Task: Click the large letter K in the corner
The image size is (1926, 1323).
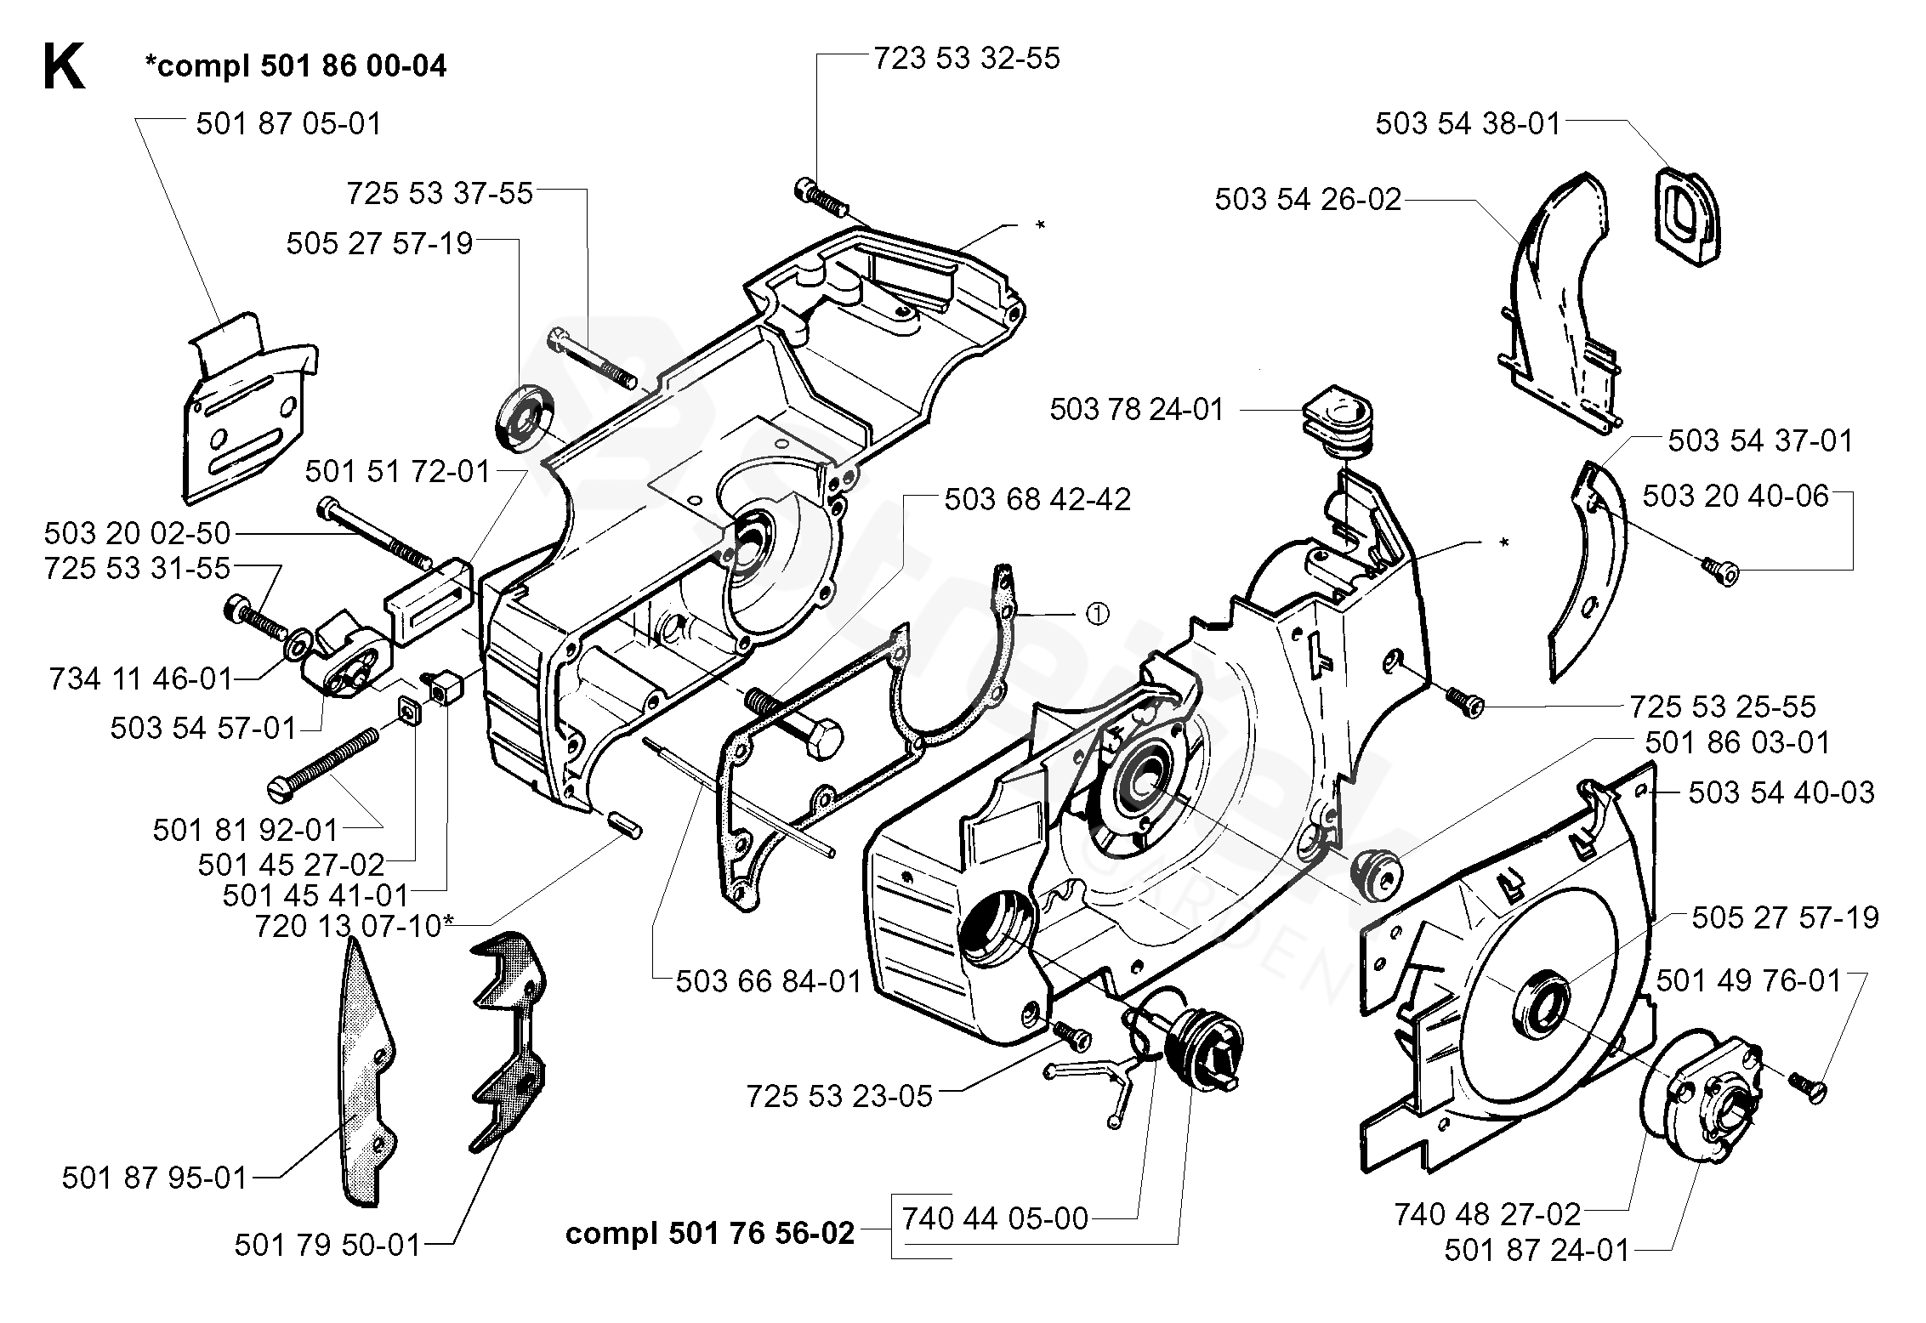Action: [64, 68]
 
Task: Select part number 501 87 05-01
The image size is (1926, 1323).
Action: [289, 124]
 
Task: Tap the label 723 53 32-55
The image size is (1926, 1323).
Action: [967, 59]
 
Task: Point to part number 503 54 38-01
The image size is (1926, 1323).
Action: [1469, 124]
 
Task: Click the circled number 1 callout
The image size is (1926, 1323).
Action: [1098, 614]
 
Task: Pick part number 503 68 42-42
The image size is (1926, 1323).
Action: [1037, 499]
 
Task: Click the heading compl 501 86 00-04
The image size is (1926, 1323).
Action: [295, 65]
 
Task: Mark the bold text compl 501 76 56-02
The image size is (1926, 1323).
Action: [710, 1233]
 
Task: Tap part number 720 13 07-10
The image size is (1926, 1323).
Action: [349, 926]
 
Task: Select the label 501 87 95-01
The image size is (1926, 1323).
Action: [155, 1178]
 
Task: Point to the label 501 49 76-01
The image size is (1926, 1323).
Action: [1748, 981]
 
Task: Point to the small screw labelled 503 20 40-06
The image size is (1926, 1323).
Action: [1723, 570]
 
